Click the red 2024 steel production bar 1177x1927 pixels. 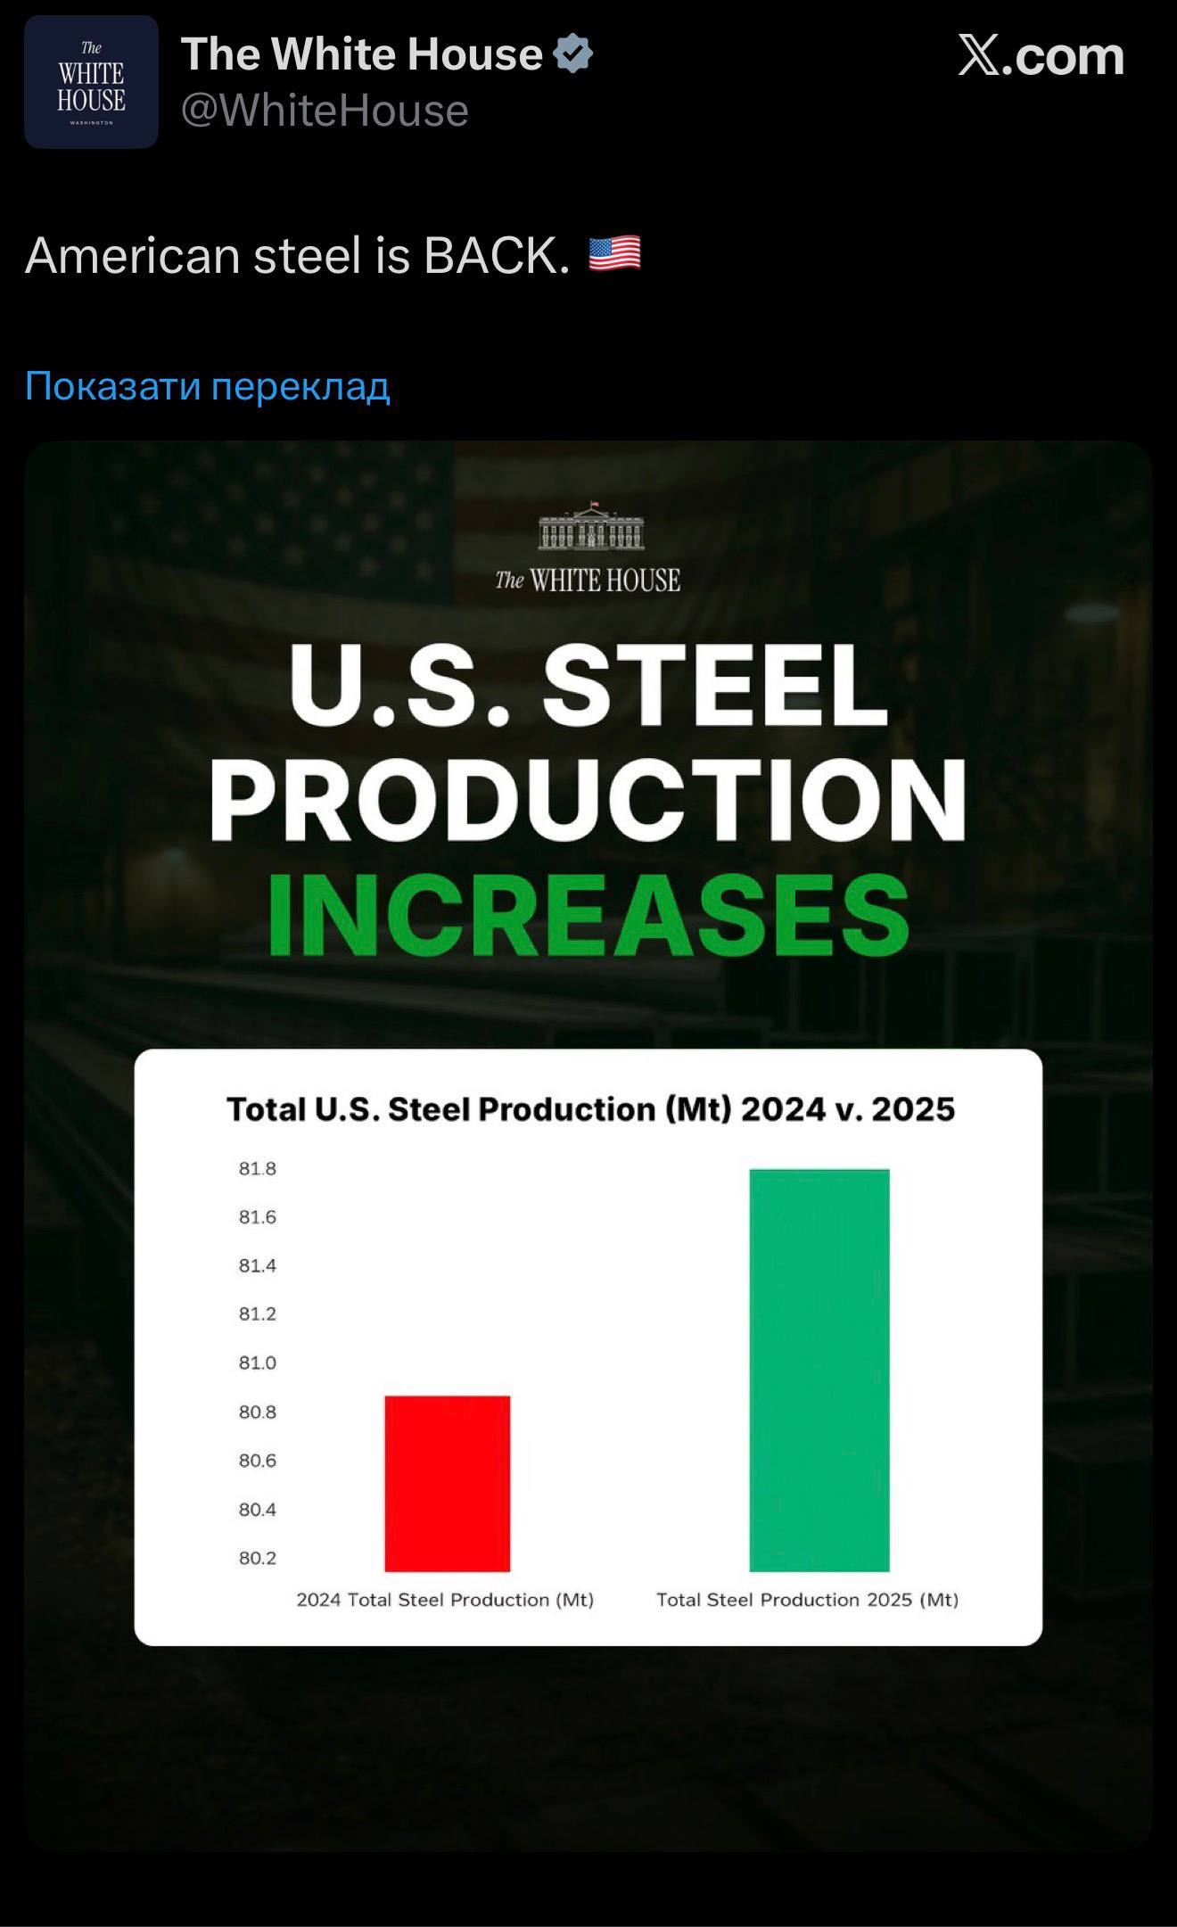pos(448,1483)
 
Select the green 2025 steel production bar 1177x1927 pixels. pos(819,1370)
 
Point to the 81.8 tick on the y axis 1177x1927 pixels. pos(258,1168)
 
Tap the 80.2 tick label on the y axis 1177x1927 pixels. pos(258,1558)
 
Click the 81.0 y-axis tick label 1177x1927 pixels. pos(258,1363)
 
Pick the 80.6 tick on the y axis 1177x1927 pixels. pos(258,1461)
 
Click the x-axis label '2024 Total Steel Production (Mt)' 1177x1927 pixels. pos(445,1600)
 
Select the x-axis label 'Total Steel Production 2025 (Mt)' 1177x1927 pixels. pos(807,1600)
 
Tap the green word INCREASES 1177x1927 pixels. pos(588,915)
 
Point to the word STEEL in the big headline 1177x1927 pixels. pos(715,686)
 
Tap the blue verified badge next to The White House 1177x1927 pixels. pos(573,54)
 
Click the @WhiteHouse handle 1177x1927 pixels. pos(325,111)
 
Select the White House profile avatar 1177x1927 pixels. pos(91,82)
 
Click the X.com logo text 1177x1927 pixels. pos(1041,56)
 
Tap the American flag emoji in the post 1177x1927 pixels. pos(614,254)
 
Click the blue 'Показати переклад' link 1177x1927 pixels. pos(208,386)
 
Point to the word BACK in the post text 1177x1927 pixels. pos(496,256)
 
